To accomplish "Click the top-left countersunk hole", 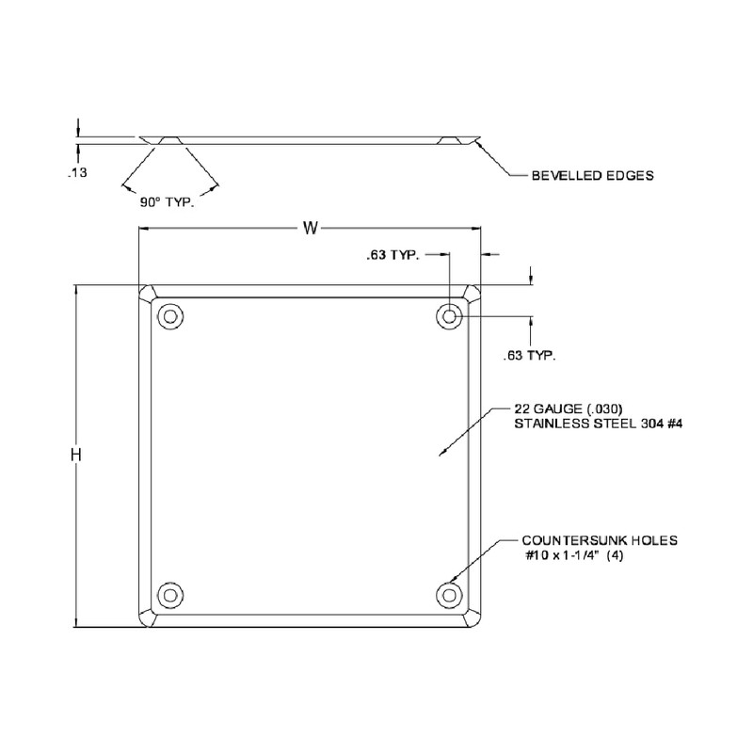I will pos(169,316).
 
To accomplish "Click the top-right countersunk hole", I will pos(450,316).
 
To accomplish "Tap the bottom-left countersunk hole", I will pos(169,594).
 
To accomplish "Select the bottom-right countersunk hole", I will pos(450,594).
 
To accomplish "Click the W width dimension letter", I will pos(309,227).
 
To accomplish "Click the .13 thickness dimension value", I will pos(77,172).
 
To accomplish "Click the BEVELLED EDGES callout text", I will pos(593,175).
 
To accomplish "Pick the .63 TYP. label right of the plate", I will pos(529,356).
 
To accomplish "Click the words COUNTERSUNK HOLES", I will pos(600,541).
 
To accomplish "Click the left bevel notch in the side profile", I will pos(162,140).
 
